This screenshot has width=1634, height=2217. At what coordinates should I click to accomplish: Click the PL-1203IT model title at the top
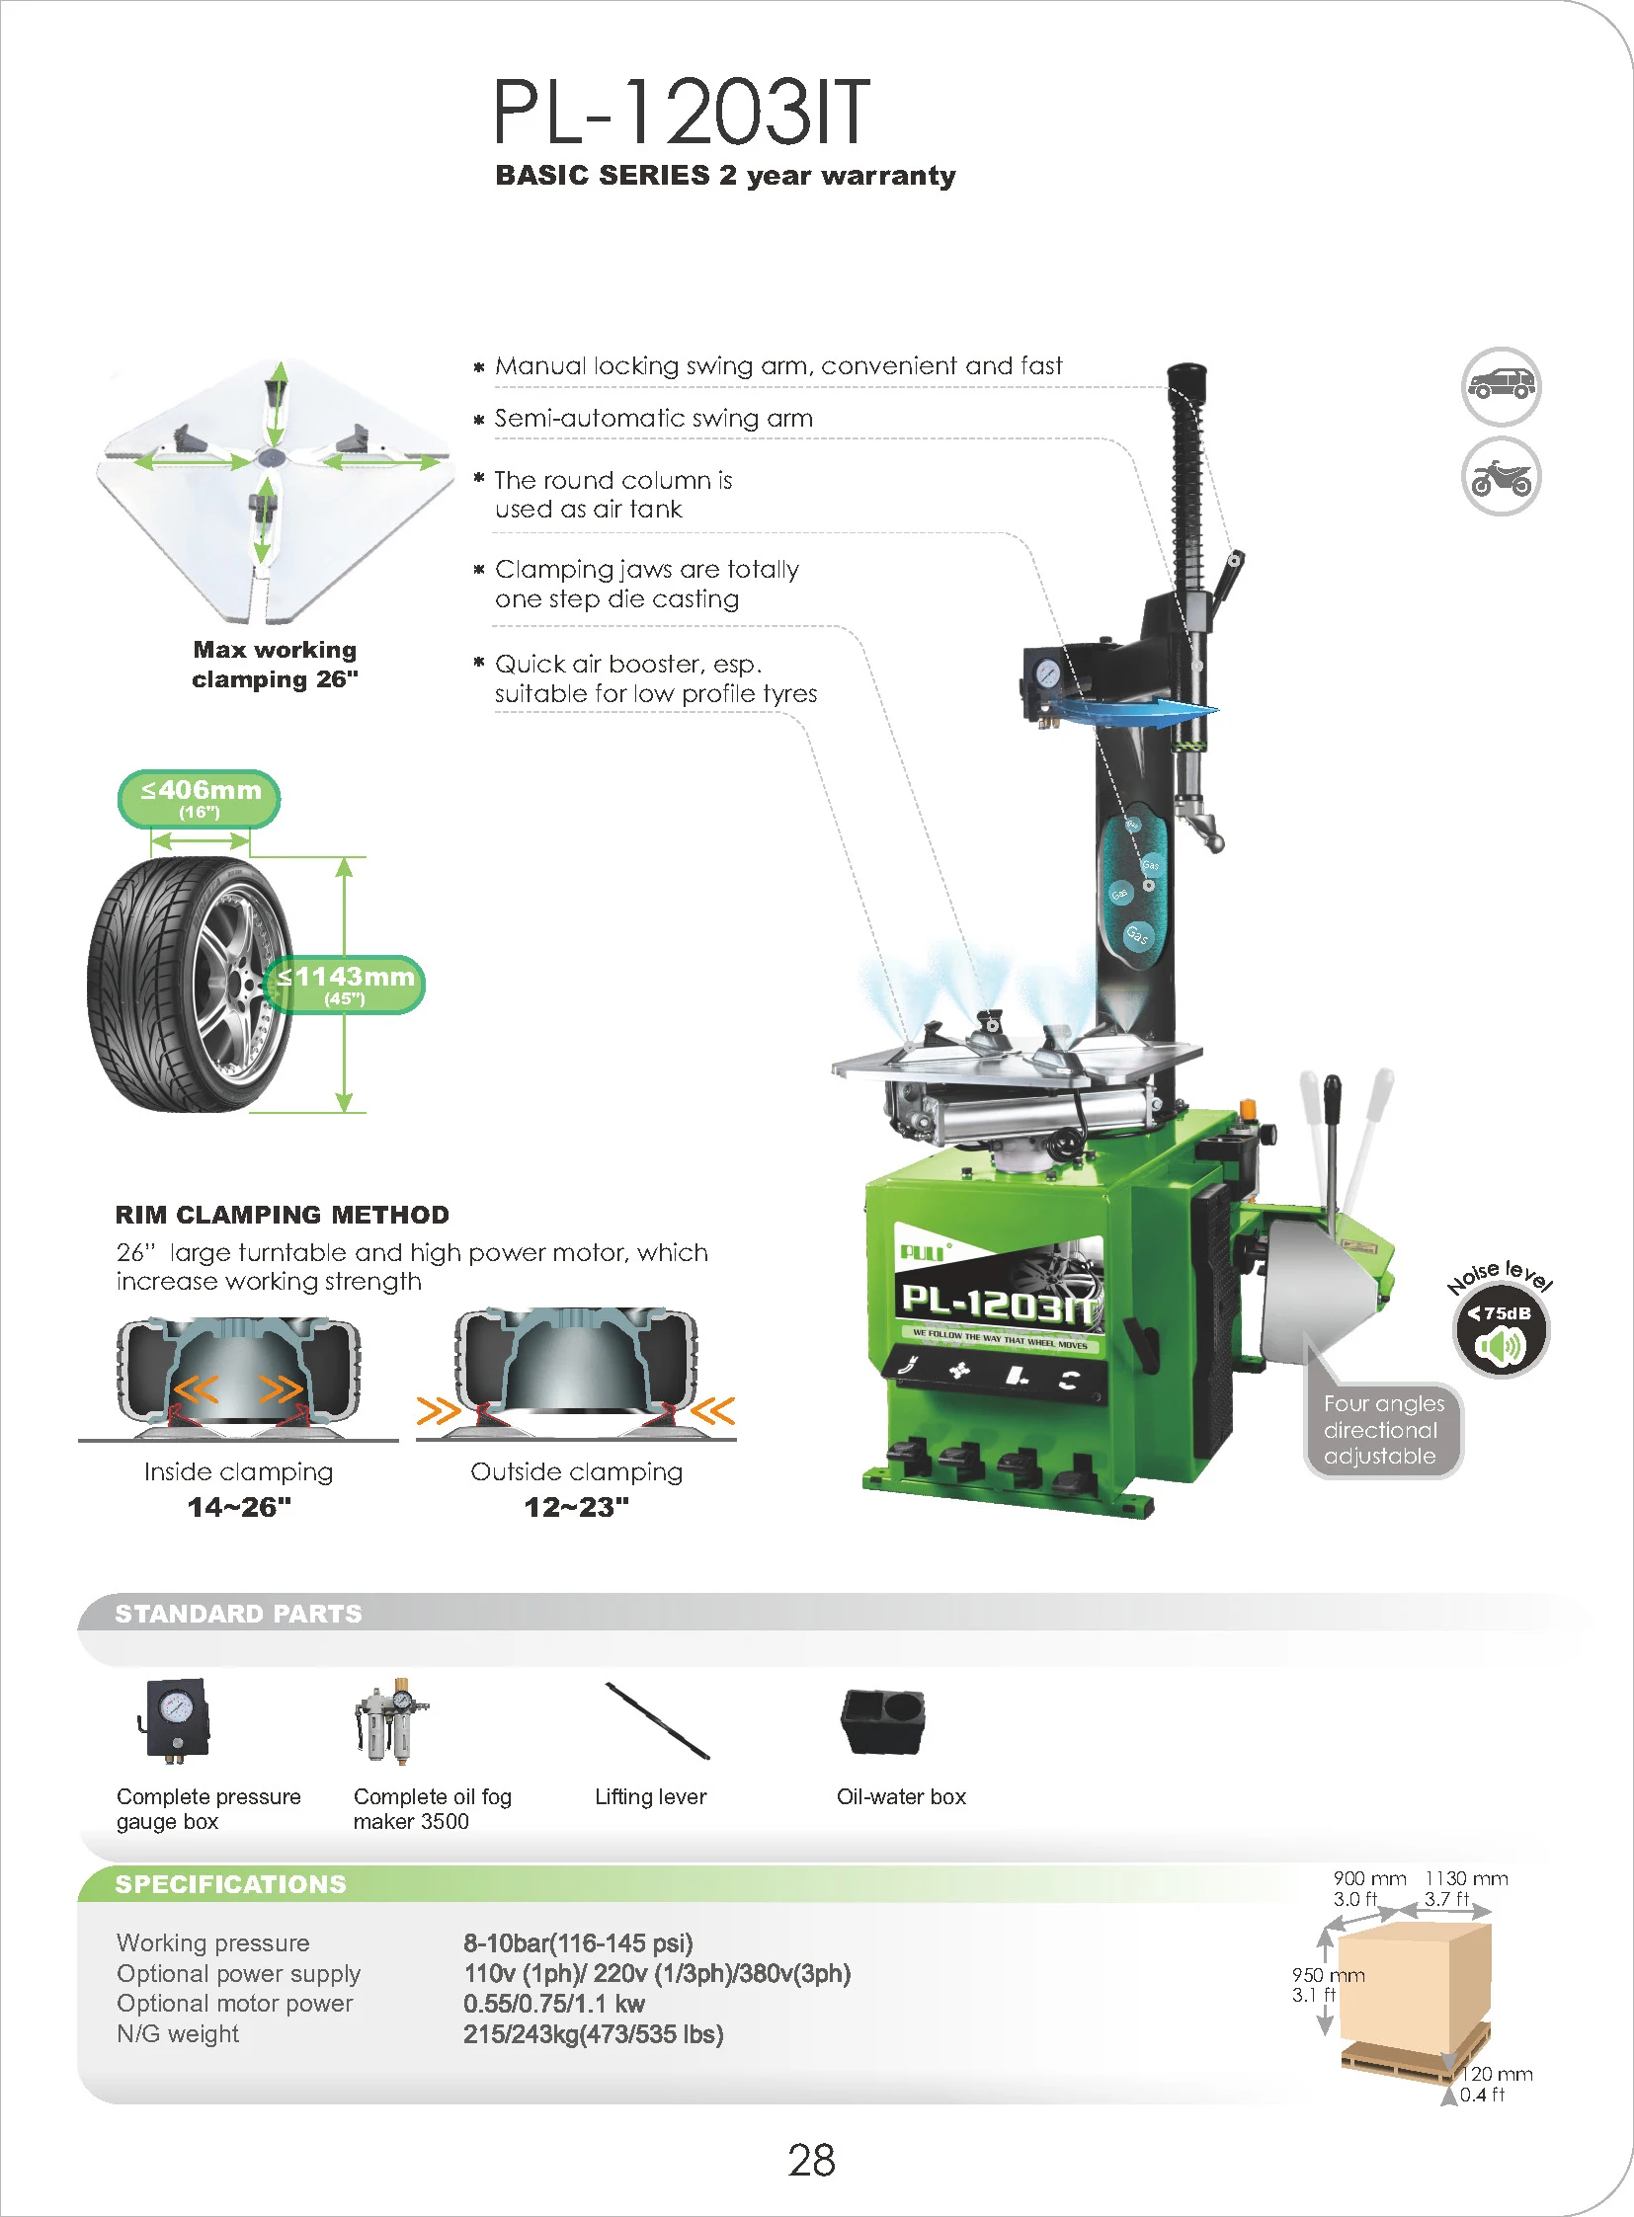point(681,112)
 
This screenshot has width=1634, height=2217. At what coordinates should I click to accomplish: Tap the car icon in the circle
point(1501,387)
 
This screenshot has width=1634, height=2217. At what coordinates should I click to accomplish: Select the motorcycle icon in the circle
point(1501,477)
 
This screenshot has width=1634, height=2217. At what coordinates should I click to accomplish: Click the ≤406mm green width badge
point(199,798)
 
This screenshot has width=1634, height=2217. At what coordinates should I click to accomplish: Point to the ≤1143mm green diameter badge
point(345,984)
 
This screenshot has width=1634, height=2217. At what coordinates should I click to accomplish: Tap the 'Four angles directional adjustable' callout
point(1383,1430)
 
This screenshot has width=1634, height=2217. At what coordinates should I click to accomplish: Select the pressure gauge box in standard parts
point(175,1717)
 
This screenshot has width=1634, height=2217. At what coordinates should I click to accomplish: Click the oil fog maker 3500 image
point(391,1719)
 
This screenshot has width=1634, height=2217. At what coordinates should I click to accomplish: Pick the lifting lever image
point(658,1721)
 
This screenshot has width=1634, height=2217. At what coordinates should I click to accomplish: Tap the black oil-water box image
point(882,1721)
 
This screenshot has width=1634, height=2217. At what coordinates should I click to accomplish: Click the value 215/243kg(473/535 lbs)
point(594,2034)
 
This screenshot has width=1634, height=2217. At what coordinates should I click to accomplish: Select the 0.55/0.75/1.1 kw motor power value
point(554,2004)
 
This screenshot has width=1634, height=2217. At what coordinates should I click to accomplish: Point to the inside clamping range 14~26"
point(238,1507)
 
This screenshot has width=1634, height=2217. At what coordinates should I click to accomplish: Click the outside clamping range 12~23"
point(576,1507)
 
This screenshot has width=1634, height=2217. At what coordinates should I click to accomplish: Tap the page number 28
point(811,2161)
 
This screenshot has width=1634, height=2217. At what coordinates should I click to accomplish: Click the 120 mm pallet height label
point(1497,2074)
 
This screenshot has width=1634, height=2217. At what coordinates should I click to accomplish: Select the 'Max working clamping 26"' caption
point(274,665)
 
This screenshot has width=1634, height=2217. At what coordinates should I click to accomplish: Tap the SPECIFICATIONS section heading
point(230,1884)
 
